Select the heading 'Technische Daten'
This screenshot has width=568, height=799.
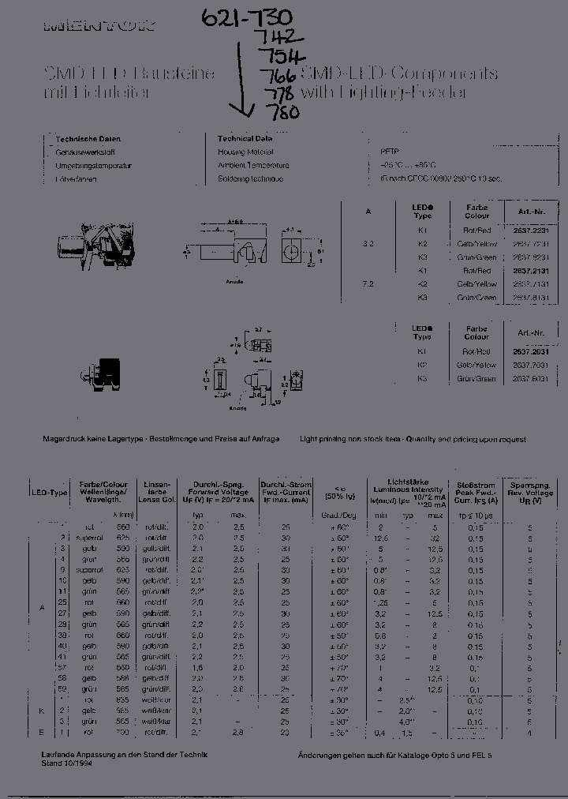[88, 138]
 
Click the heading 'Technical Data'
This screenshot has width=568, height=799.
[246, 138]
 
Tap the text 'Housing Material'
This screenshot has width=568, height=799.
[246, 152]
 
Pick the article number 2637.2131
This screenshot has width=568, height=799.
[531, 271]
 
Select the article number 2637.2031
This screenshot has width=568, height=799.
[531, 351]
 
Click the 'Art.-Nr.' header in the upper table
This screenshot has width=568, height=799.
[531, 211]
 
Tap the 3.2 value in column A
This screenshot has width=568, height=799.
[368, 245]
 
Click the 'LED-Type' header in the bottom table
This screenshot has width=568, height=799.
[49, 493]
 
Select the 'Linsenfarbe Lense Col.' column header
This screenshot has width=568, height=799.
[158, 492]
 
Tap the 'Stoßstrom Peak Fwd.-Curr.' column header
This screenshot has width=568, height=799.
[475, 492]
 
